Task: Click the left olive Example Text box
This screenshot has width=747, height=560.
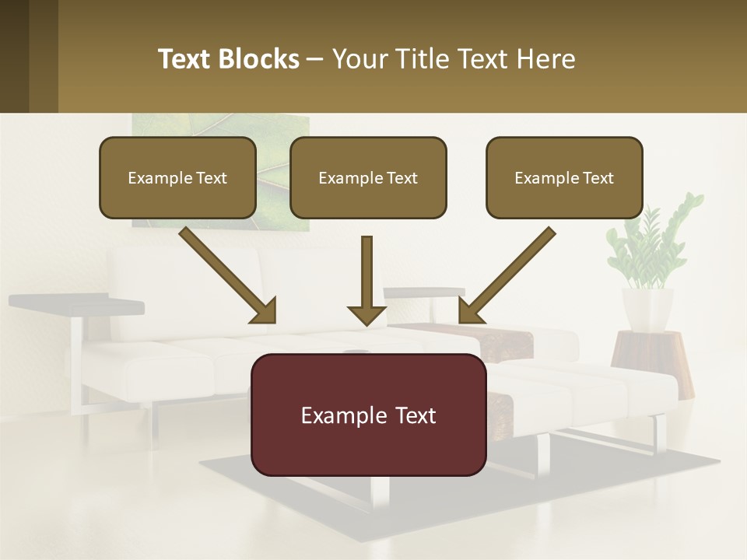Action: [x=177, y=177]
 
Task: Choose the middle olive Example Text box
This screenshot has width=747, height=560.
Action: [x=368, y=177]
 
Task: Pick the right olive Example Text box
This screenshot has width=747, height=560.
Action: [x=564, y=177]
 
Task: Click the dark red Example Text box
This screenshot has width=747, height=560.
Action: [x=368, y=415]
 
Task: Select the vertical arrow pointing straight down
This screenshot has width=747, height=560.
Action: [x=366, y=280]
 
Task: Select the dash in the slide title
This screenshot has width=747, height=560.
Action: [x=315, y=59]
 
